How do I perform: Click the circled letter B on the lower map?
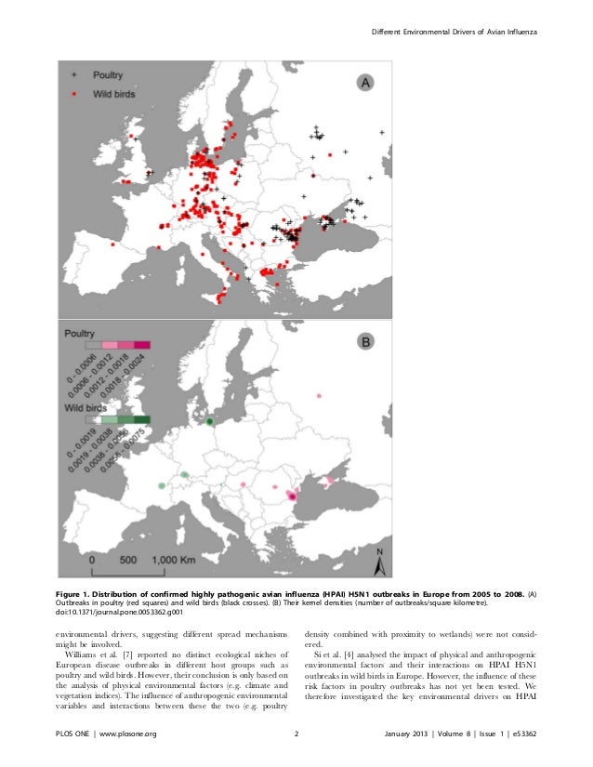pyautogui.click(x=366, y=342)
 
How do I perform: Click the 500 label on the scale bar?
pyautogui.click(x=129, y=561)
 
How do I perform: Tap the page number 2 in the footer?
pyautogui.click(x=296, y=735)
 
